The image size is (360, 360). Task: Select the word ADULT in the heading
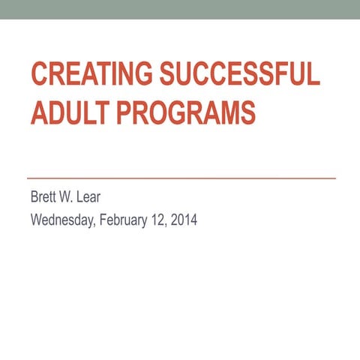[x=64, y=113]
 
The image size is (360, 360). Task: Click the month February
[x=120, y=221]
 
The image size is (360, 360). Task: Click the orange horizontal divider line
[x=180, y=178]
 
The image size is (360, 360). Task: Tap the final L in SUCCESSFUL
[x=314, y=77]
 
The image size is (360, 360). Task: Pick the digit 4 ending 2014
[x=193, y=221]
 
